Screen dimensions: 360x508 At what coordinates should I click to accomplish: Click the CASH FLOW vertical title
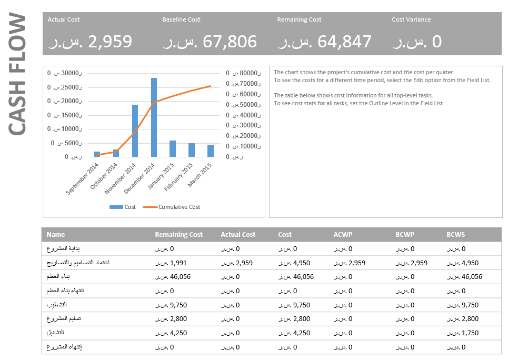click(17, 74)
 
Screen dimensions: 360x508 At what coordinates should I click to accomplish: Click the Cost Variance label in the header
click(411, 19)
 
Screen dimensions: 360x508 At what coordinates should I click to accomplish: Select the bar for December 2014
click(154, 117)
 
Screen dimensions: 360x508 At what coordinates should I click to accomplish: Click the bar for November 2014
click(135, 131)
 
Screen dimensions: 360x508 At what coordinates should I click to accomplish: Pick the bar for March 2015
click(211, 151)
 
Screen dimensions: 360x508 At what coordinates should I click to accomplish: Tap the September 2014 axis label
click(83, 179)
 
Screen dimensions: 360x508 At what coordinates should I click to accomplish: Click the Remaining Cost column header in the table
click(178, 235)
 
